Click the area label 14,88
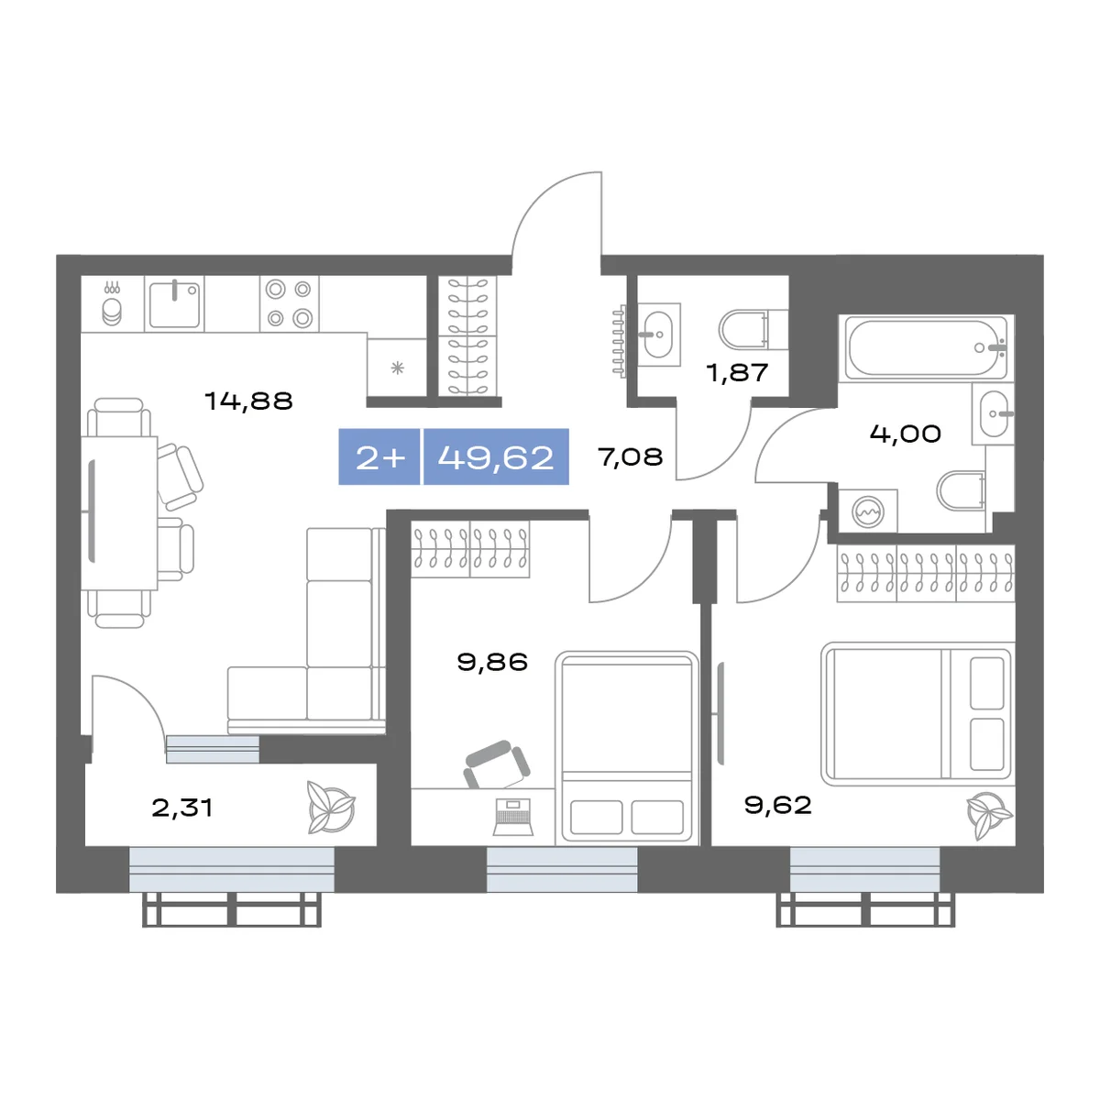coord(248,401)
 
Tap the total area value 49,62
coord(496,457)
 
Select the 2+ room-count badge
coord(379,457)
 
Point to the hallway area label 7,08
coord(630,456)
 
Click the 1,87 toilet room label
coord(737,373)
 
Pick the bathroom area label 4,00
coord(906,434)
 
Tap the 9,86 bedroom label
coord(492,662)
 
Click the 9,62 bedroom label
coord(777,805)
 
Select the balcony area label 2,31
coord(182,808)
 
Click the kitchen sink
coord(174,303)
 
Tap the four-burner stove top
coord(290,303)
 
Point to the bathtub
coord(926,347)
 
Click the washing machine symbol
coord(868,511)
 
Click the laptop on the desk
coord(512,817)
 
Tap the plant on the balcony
coord(331,808)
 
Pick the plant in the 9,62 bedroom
coord(989,815)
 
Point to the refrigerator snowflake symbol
coord(397,368)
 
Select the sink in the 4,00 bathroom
coord(995,413)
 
